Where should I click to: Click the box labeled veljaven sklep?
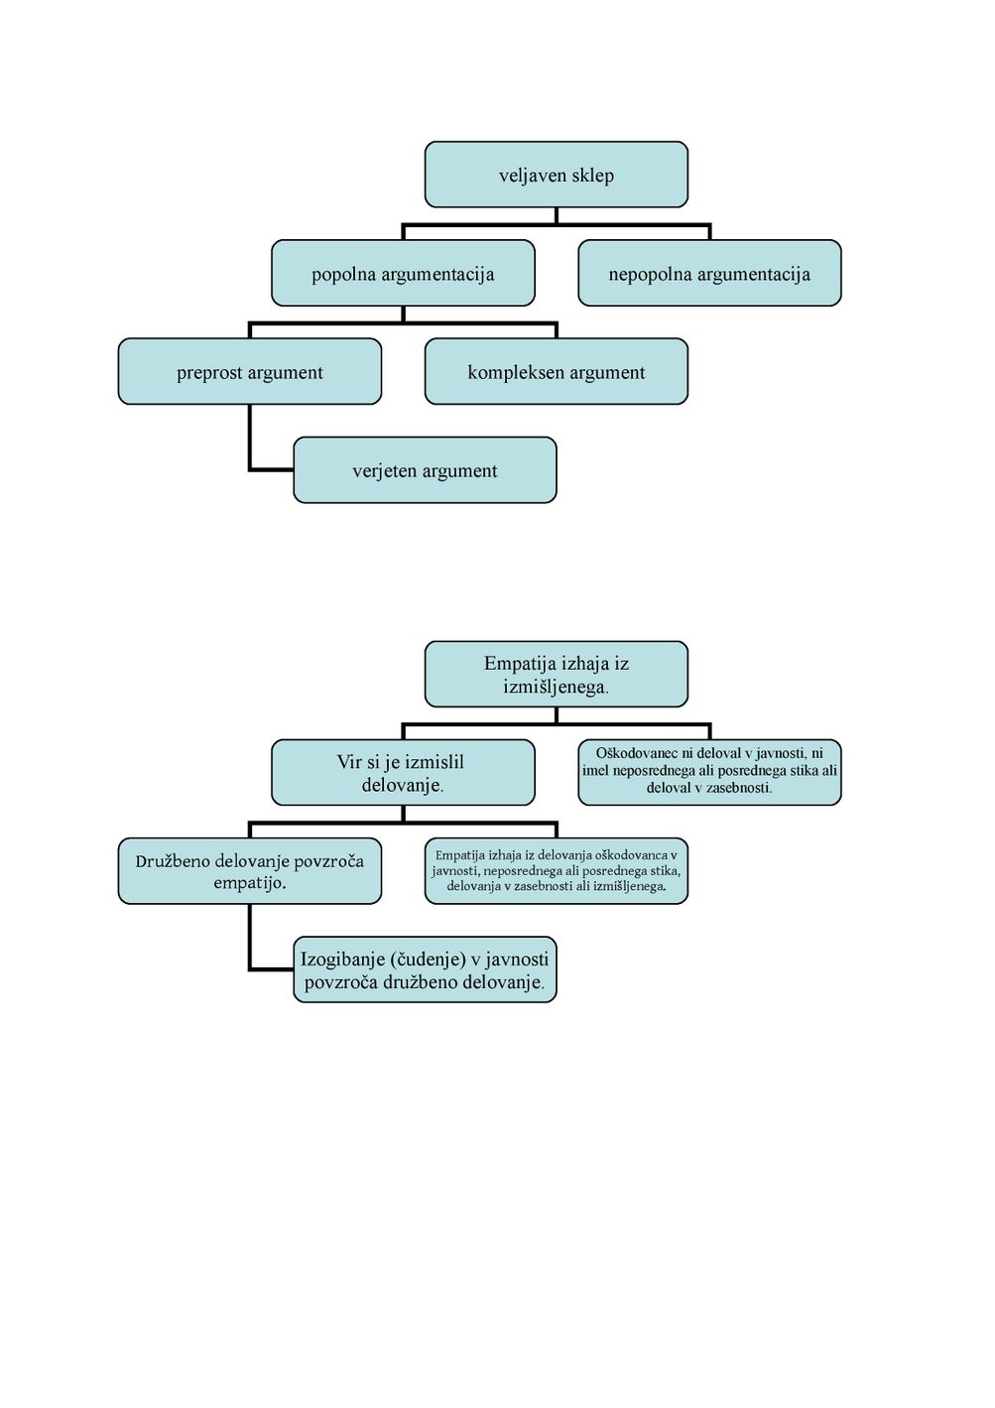[557, 174]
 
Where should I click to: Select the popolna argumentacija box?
[403, 273]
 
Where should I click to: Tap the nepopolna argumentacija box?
[709, 273]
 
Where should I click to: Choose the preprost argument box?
[250, 371]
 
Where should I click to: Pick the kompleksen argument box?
[557, 371]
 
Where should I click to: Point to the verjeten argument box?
[425, 470]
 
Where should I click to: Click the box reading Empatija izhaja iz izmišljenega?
[557, 674]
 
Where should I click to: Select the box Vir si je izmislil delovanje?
[403, 773]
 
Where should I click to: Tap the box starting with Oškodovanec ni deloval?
[709, 773]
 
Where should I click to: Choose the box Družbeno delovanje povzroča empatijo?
[250, 871]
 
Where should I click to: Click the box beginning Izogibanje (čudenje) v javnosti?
[425, 969]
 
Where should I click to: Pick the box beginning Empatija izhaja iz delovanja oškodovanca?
[557, 871]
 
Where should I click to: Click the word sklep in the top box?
[593, 176]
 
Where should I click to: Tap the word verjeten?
[380, 471]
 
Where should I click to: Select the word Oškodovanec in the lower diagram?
[636, 753]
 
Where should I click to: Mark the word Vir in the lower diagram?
[349, 762]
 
